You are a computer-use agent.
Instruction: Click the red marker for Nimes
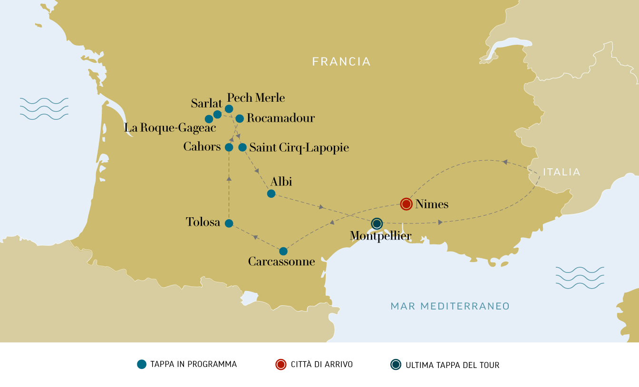pos(406,204)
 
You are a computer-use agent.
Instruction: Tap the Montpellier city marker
pos(377,223)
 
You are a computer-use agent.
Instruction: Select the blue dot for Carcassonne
pos(283,251)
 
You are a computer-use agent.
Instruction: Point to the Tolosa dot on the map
pos(229,223)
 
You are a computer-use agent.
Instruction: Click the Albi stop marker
pos(271,193)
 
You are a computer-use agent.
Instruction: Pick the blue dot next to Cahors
pos(229,147)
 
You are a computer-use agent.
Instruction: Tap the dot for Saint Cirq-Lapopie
pos(242,147)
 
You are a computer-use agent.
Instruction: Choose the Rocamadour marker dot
pos(240,118)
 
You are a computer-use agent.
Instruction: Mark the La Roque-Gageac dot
pos(209,119)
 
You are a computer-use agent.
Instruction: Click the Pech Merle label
pos(256,98)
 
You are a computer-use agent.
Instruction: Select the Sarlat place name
pos(206,103)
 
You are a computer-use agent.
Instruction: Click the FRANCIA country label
pos(341,61)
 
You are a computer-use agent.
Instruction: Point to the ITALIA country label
pos(562,172)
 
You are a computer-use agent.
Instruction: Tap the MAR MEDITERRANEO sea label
pos(450,306)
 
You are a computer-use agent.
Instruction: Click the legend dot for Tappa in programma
pos(141,365)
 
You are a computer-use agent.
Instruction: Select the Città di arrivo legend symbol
pos(281,365)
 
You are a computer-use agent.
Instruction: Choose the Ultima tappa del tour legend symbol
pos(396,365)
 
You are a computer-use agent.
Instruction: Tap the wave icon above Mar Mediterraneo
pos(580,278)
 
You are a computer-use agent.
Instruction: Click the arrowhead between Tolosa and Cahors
pos(229,178)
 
